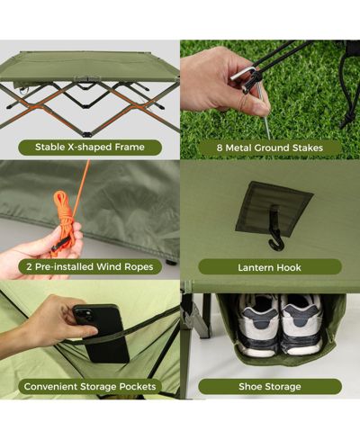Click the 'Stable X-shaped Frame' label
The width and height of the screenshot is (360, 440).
(x=90, y=148)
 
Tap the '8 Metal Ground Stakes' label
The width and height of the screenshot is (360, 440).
(x=270, y=148)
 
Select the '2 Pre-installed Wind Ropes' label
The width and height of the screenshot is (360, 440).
(x=90, y=266)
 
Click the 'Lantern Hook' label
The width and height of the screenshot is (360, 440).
(x=269, y=267)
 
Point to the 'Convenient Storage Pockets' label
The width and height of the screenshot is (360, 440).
(x=90, y=386)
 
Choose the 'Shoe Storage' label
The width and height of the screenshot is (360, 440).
(x=270, y=386)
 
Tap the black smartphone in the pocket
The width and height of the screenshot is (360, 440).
(x=102, y=333)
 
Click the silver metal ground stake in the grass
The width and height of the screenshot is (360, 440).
(x=264, y=113)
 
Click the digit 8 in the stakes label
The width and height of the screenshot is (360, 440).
(x=220, y=148)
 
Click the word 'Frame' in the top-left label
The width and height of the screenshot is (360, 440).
(x=130, y=147)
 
